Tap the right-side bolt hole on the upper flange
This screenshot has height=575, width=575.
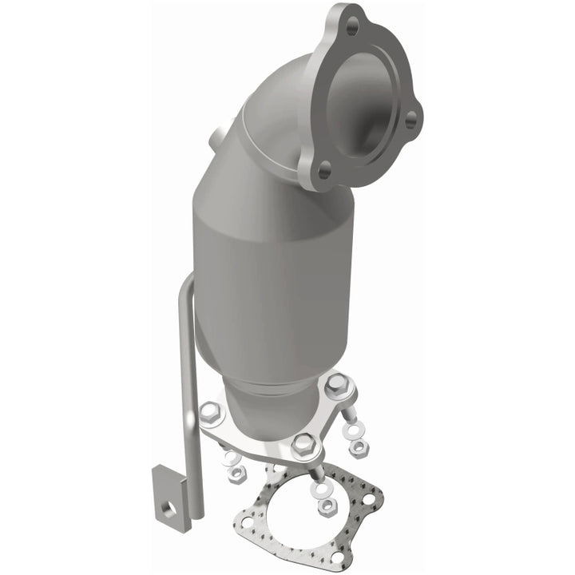pyautogui.click(x=410, y=120)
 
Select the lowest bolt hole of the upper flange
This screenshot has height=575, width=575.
pyautogui.click(x=323, y=169)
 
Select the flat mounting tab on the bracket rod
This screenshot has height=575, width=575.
pyautogui.click(x=169, y=491)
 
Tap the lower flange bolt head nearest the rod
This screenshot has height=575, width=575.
pyautogui.click(x=210, y=412)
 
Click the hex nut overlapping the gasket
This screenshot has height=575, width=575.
pyautogui.click(x=327, y=506)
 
